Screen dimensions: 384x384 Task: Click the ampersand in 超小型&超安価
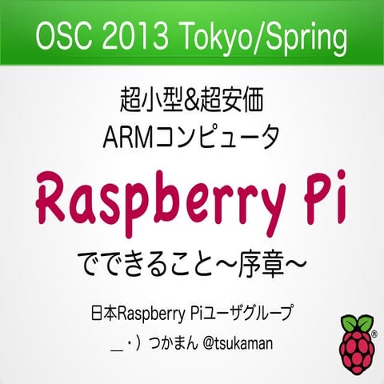tap(192, 102)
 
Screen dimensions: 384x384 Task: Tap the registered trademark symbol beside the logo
tap(374, 330)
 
